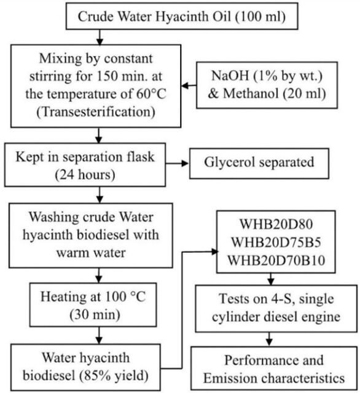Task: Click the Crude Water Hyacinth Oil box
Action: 182,17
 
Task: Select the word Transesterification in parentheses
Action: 96,112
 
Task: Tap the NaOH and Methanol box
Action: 267,85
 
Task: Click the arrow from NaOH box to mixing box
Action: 189,86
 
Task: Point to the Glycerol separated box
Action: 259,163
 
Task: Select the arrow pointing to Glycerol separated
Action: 177,164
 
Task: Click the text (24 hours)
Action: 85,174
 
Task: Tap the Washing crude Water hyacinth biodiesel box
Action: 91,235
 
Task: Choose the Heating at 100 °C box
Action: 93,305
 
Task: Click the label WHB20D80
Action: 276,224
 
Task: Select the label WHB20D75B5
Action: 276,242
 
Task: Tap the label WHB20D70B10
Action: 276,260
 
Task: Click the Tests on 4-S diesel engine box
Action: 276,308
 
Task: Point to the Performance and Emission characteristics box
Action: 274,368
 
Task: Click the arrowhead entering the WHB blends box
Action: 215,252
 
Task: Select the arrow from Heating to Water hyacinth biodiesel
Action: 99,335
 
